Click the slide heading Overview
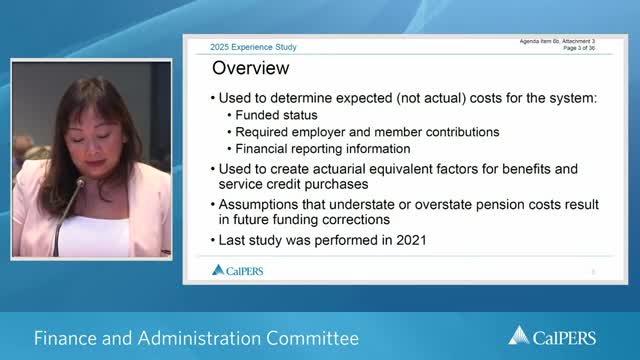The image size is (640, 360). pyautogui.click(x=252, y=69)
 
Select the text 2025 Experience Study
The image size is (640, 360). pyautogui.click(x=253, y=47)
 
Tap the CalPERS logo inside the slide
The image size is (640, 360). pyautogui.click(x=238, y=270)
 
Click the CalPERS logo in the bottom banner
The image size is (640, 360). pyautogui.click(x=566, y=337)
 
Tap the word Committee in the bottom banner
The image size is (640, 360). pyautogui.click(x=312, y=338)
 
